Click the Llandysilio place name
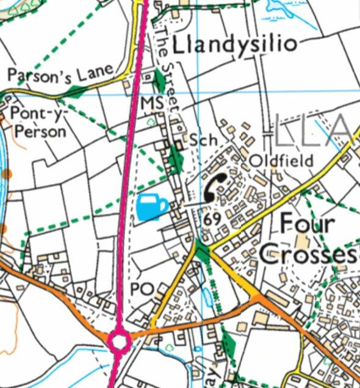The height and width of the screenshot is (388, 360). [235, 44]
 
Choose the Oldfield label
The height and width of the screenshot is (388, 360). [281, 160]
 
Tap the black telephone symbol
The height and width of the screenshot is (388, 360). [215, 187]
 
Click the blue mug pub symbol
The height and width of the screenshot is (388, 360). [151, 206]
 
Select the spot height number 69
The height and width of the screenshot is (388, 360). [213, 219]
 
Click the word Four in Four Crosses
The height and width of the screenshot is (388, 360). [307, 224]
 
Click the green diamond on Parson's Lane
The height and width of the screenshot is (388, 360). [75, 92]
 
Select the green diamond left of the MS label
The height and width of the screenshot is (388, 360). [160, 80]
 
